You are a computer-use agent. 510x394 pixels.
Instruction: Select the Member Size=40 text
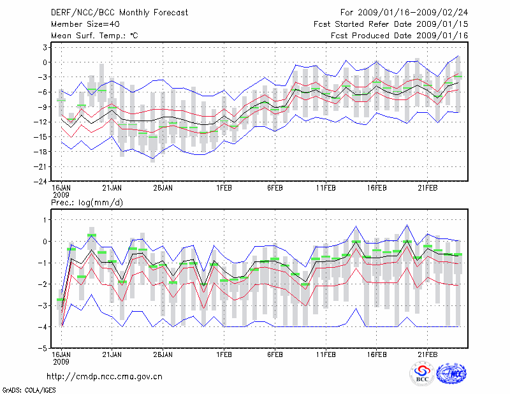[x=80, y=24]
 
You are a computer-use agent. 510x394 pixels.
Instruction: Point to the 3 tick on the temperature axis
[x=46, y=47]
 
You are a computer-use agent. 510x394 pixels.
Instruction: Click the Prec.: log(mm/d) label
[x=86, y=202]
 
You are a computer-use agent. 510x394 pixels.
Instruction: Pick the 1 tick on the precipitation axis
[x=46, y=220]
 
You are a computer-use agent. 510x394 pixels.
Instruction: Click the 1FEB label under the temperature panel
[x=224, y=188]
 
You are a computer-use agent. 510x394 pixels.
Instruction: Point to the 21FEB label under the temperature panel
[x=428, y=188]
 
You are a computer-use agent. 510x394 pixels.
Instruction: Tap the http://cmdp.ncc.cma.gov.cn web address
[x=105, y=376]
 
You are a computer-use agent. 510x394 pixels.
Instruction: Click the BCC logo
[x=422, y=375]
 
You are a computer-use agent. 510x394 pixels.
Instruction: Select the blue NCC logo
[x=451, y=375]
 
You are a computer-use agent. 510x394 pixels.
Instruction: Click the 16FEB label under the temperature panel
[x=377, y=188]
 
